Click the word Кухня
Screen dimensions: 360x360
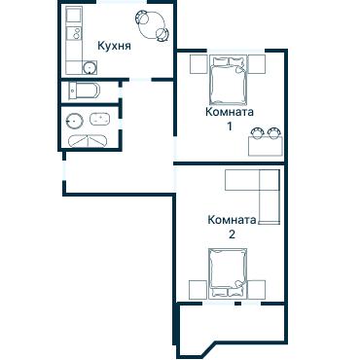[x=114, y=46]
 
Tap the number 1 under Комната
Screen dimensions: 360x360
[x=230, y=126]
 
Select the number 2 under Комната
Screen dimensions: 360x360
[x=232, y=234]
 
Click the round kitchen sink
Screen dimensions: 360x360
[x=90, y=67]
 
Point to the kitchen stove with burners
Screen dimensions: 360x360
[x=73, y=33]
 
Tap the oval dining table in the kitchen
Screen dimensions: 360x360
[x=153, y=25]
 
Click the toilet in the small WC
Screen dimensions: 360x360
[x=85, y=91]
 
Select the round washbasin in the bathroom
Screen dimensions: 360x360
[x=74, y=121]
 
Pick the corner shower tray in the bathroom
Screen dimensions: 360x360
[x=89, y=141]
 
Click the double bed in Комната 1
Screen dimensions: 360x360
[x=228, y=80]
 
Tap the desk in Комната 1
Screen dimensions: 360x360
[x=266, y=146]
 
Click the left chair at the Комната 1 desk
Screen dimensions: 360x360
[x=257, y=132]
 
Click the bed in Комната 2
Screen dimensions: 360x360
[x=228, y=273]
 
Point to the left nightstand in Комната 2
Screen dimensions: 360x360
[x=198, y=290]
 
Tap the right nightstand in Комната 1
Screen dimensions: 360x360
[x=257, y=64]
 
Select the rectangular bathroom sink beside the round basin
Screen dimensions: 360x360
[x=100, y=119]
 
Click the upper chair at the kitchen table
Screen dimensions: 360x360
[x=142, y=18]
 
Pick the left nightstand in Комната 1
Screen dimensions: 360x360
[x=198, y=64]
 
